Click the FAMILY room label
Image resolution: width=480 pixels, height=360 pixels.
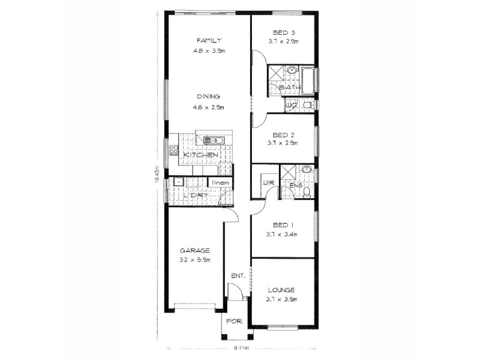coord(209,40)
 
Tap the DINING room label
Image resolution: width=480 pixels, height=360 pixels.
coord(209,96)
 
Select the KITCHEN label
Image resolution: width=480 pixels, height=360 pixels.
coord(200,155)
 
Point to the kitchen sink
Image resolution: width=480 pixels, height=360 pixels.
coord(213,140)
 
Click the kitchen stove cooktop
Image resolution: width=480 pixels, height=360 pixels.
coord(173,150)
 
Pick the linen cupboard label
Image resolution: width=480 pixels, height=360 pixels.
coord(220,182)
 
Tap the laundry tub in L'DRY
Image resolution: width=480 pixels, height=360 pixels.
coord(178,181)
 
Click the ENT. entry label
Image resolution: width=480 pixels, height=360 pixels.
coord(238,276)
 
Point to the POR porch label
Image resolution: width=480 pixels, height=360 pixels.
coord(234,321)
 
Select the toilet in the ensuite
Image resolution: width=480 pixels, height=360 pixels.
coord(307,192)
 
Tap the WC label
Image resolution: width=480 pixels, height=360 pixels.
coord(291,106)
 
